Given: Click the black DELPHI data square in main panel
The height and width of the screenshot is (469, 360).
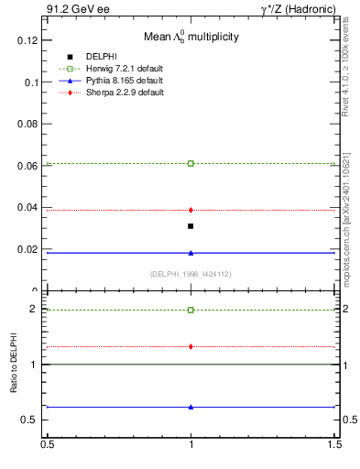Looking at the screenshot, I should pos(191,226).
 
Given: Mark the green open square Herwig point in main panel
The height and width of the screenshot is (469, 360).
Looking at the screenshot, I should pos(191,163).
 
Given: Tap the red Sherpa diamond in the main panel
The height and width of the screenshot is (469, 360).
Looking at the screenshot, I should pos(191,210).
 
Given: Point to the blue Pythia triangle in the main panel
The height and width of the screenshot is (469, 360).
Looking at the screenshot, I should pos(191,253).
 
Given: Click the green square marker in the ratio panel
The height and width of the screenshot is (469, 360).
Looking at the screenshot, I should pos(191,310).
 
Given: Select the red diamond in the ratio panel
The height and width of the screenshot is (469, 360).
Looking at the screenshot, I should pos(191,346).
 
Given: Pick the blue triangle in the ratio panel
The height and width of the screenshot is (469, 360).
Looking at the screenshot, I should pos(191,407).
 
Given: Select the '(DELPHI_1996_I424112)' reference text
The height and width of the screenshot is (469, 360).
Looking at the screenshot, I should pos(191,273).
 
